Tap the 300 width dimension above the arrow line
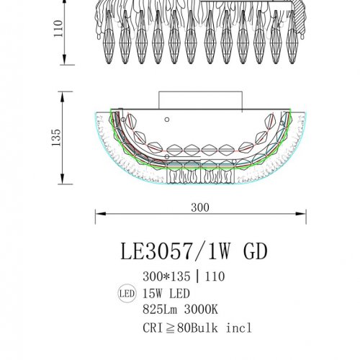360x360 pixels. [200, 207]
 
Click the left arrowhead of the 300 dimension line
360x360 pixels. [100, 214]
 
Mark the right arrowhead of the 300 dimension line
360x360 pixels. [302, 214]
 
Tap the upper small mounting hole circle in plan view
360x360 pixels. [166, 119]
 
